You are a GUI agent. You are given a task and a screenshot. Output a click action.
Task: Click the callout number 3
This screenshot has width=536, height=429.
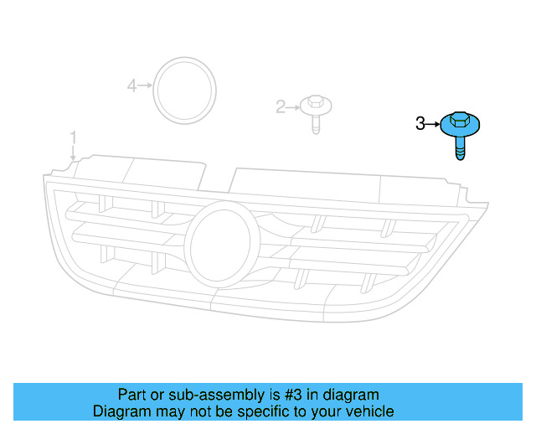420,125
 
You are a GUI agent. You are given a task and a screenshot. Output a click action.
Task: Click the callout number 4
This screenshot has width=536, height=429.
131,85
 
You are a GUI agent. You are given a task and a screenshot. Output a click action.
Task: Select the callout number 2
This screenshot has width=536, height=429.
281,106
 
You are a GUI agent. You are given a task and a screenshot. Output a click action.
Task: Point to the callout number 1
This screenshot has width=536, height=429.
73,137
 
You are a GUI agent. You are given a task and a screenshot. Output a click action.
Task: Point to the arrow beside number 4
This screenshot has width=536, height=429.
144,85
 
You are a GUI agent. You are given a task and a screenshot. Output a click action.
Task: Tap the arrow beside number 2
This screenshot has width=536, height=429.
293,106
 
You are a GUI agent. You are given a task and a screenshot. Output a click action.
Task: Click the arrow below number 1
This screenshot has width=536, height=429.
73,152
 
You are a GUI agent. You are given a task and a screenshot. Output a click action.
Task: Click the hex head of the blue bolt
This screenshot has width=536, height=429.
458,120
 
